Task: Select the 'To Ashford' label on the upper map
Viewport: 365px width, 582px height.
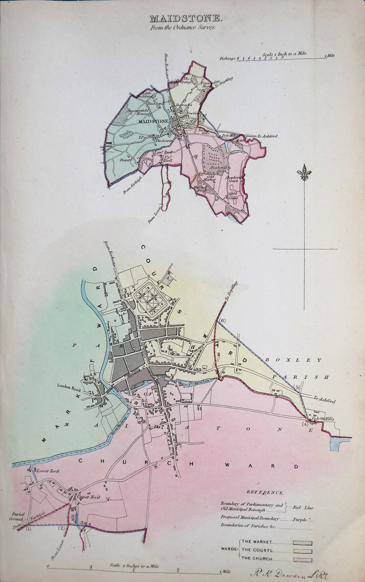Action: point(267,136)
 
